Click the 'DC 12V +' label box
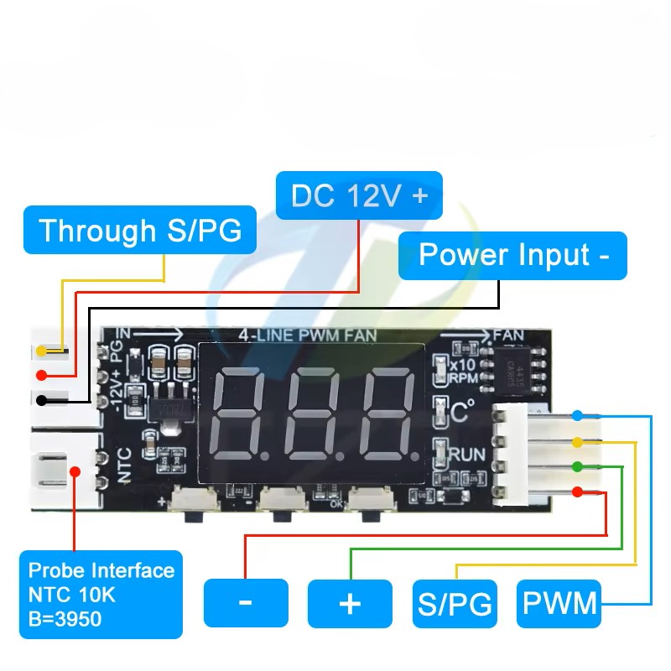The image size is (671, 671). pyautogui.click(x=359, y=196)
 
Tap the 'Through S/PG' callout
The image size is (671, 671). pyautogui.click(x=139, y=230)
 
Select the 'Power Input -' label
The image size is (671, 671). pyautogui.click(x=512, y=255)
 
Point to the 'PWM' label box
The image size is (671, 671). pyautogui.click(x=559, y=603)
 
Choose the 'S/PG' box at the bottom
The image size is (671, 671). pyautogui.click(x=455, y=603)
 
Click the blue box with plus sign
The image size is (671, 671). pyautogui.click(x=350, y=603)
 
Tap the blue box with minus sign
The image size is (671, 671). pyautogui.click(x=245, y=602)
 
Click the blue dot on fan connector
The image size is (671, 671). pyautogui.click(x=579, y=415)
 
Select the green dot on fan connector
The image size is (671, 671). pyautogui.click(x=579, y=466)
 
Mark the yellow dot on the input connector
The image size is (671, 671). pyautogui.click(x=41, y=351)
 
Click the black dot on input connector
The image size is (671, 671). pyautogui.click(x=41, y=401)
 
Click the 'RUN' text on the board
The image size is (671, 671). pyautogui.click(x=466, y=455)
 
